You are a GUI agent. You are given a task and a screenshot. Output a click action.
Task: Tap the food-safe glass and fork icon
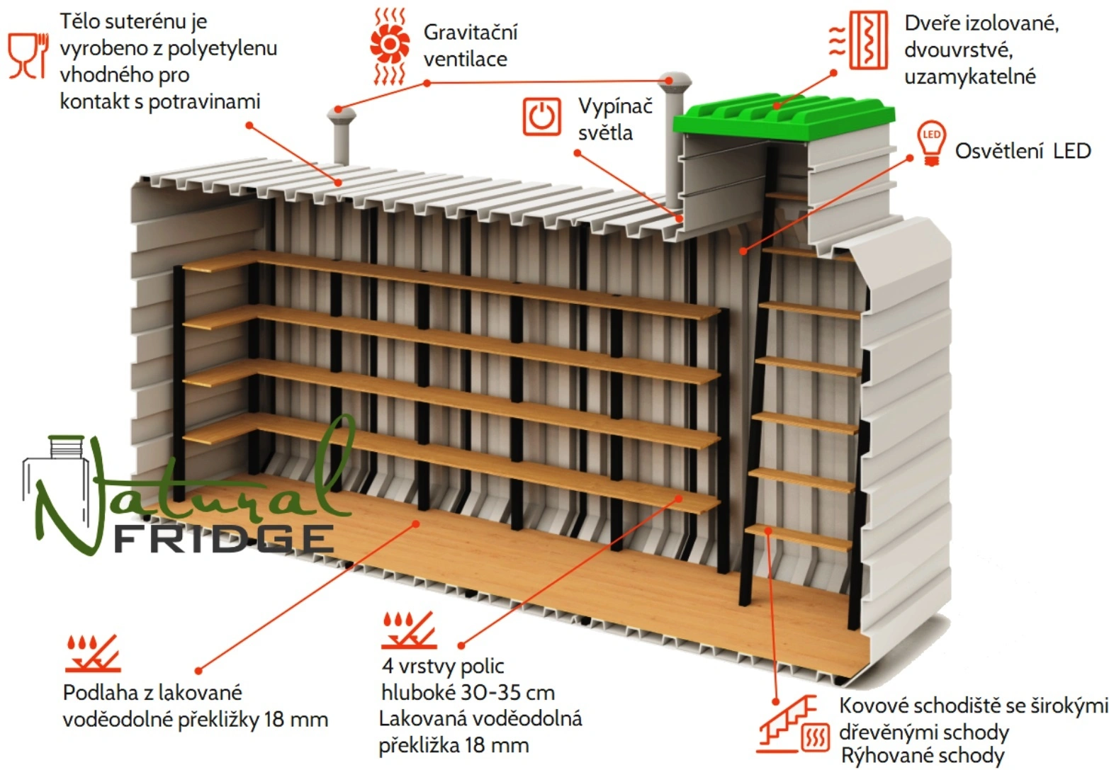tap(28, 55)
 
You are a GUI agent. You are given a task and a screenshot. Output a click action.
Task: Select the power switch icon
tap(542, 115)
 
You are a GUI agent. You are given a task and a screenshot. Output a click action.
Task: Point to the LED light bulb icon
tap(931, 142)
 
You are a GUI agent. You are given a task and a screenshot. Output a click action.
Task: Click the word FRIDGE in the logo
tap(224, 539)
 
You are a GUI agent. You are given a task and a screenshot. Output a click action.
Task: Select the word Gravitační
tap(471, 32)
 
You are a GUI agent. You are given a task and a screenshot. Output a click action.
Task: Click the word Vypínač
tap(615, 106)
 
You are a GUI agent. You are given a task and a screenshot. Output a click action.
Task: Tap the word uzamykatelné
tap(969, 77)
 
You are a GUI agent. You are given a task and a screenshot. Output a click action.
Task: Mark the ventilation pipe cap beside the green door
tap(673, 79)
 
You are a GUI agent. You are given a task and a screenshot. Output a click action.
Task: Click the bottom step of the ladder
tap(799, 537)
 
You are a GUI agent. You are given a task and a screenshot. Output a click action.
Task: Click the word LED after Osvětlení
tap(1071, 151)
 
